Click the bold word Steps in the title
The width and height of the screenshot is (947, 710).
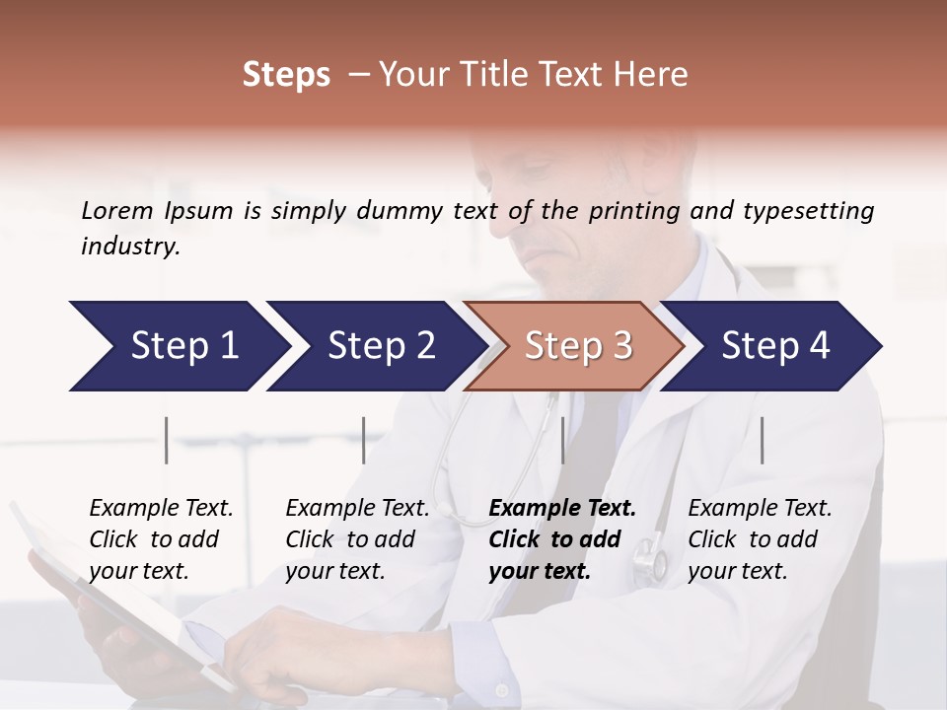(286, 75)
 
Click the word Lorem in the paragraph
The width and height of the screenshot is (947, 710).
(117, 210)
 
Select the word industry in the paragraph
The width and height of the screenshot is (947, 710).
(129, 247)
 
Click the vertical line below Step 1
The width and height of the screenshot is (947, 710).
(167, 440)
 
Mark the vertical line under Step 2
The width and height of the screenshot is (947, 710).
(364, 440)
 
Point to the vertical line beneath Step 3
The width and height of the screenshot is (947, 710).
(562, 440)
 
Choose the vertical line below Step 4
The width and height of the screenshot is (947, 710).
(762, 440)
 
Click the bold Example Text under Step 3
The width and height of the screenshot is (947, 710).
(562, 509)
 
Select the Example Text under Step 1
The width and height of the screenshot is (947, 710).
(161, 509)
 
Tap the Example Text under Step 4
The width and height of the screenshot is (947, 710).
(760, 509)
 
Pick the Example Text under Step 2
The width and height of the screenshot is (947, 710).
(357, 509)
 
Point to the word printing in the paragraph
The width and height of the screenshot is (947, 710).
(633, 211)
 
